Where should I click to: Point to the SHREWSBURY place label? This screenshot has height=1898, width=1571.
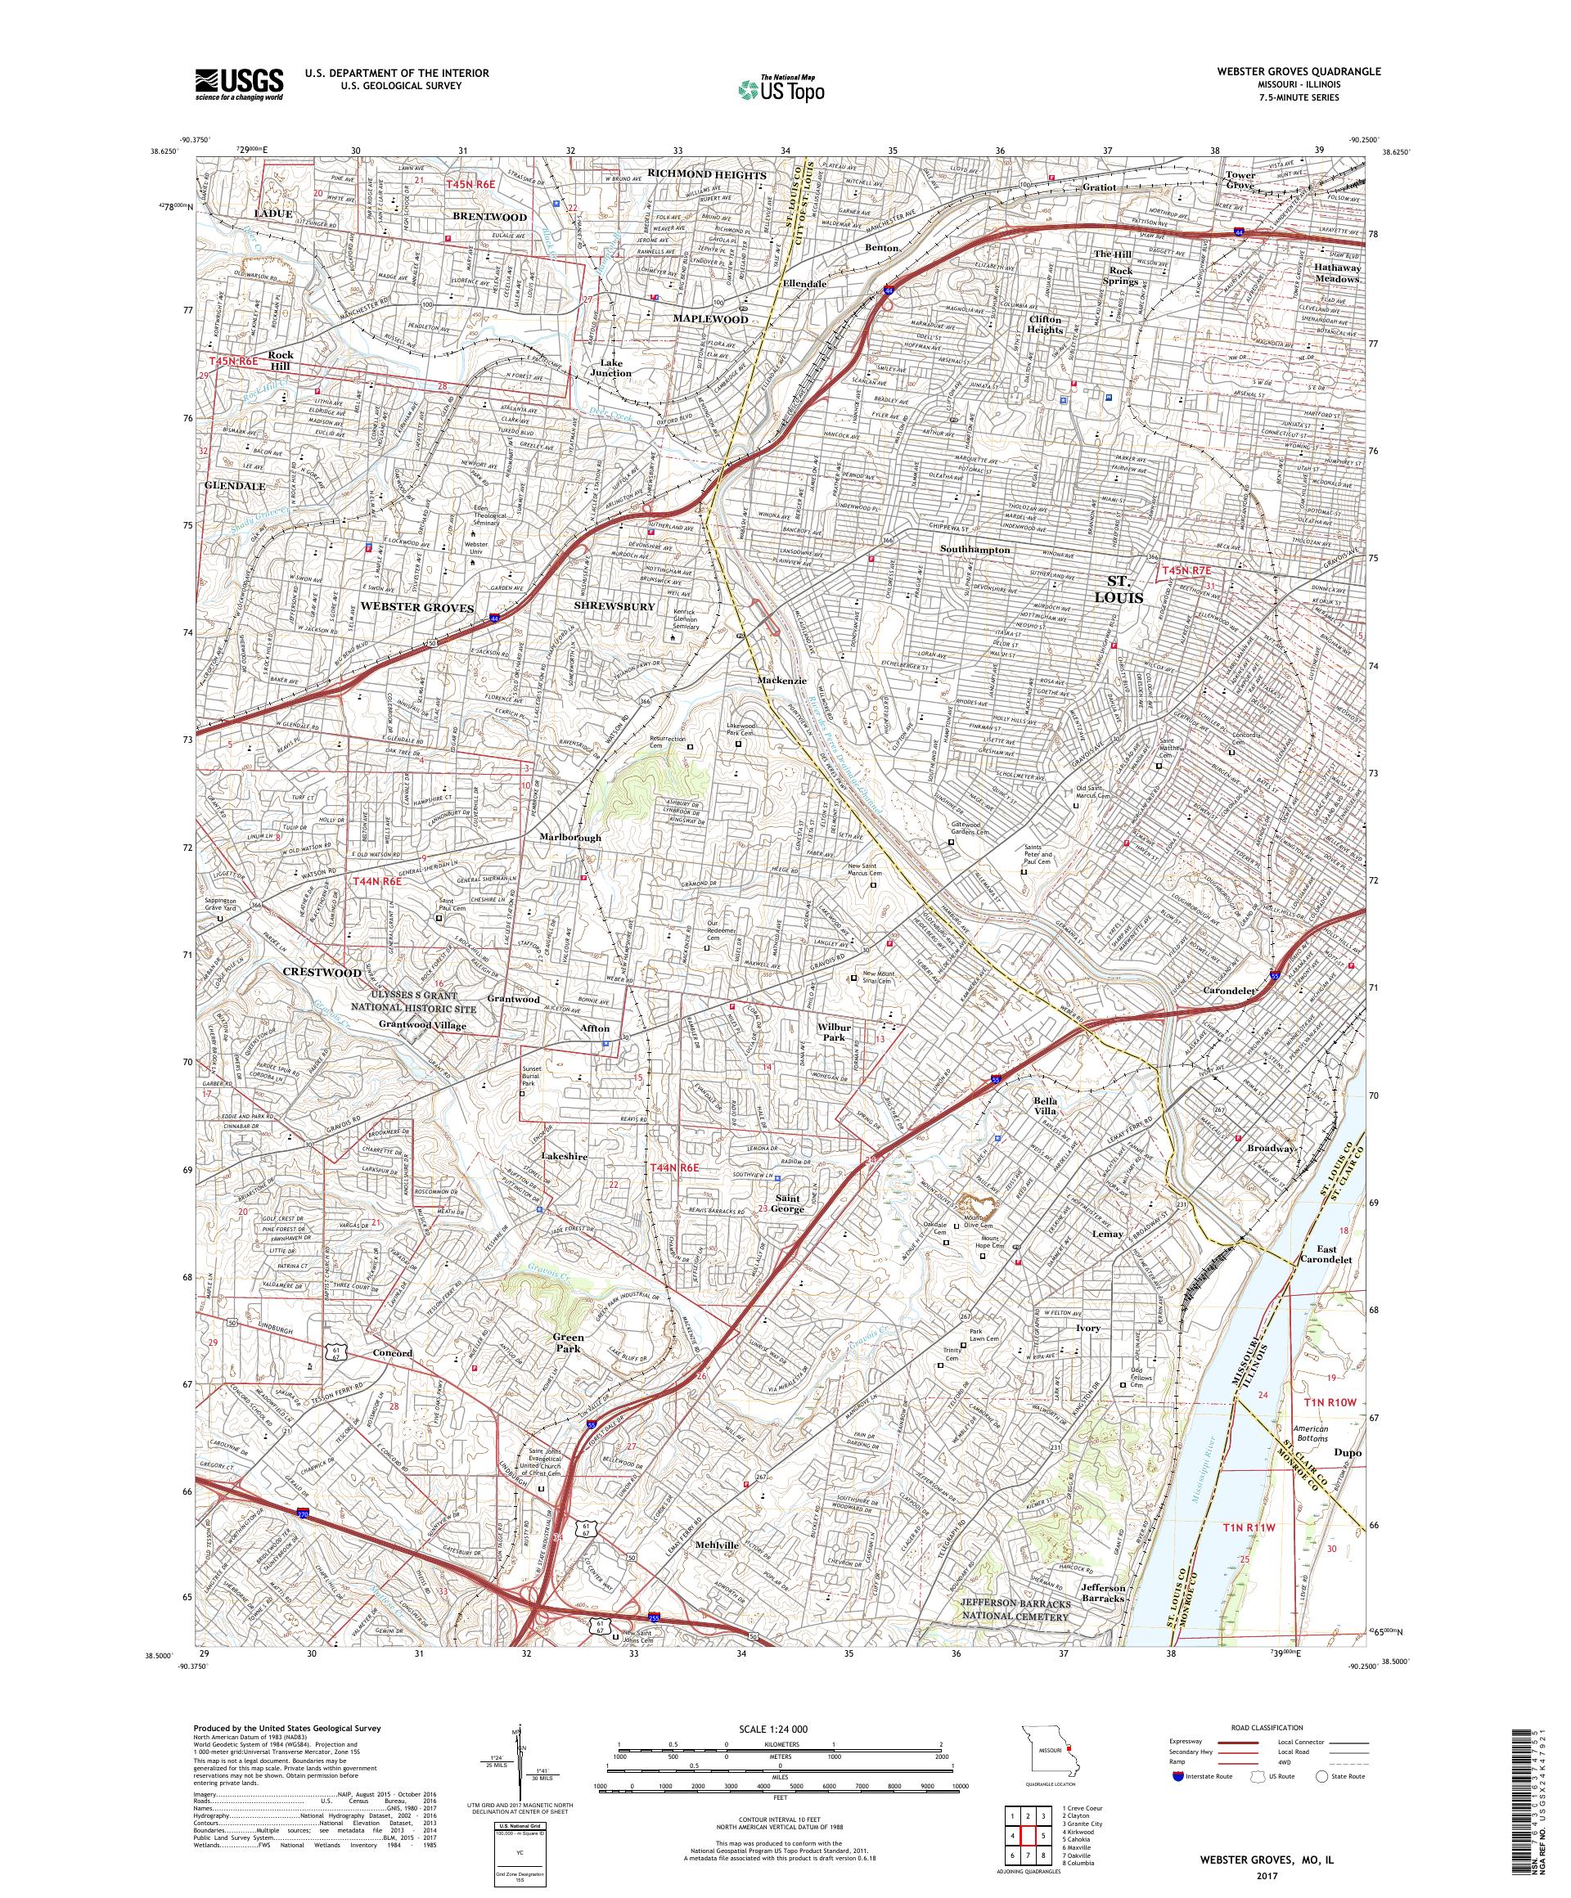pos(614,606)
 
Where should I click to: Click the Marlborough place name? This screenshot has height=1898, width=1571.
pos(570,838)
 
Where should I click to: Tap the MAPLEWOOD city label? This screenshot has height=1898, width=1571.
pos(709,319)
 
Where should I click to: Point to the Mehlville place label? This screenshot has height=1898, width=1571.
pos(717,1545)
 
